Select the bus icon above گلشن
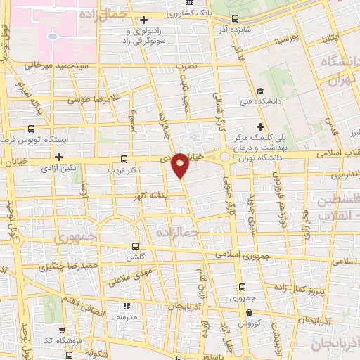point(136,247)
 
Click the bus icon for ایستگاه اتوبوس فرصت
point(32,129)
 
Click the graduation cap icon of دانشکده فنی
point(259,91)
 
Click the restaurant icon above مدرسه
point(127,306)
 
